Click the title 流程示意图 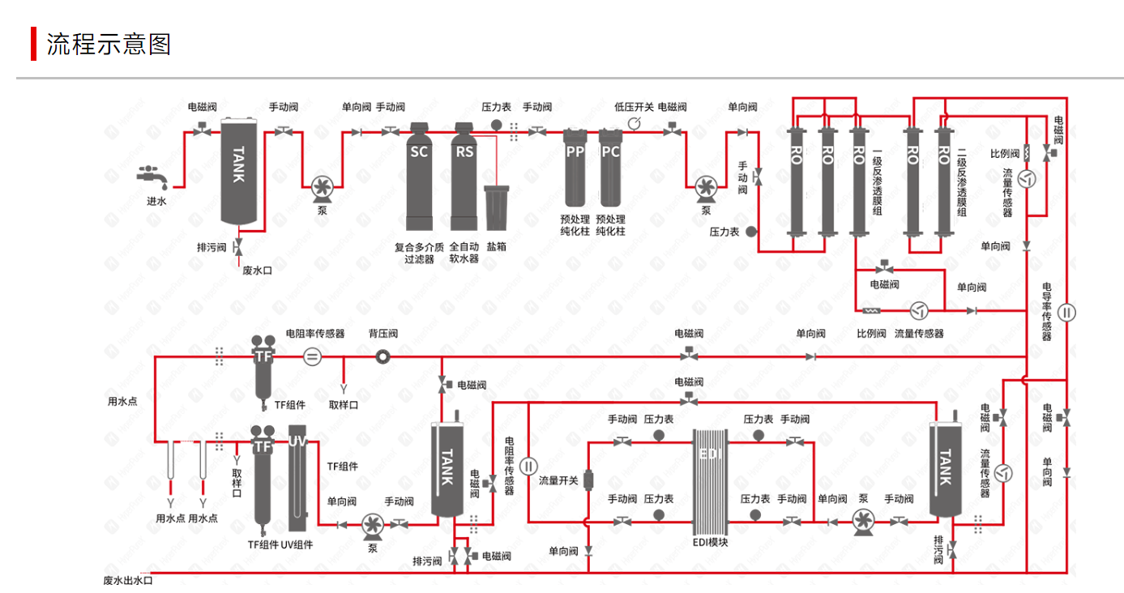click(x=109, y=44)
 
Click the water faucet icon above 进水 click(x=152, y=176)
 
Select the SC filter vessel click(x=419, y=176)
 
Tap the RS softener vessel click(x=464, y=176)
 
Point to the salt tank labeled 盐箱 click(x=496, y=207)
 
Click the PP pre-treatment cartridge click(x=575, y=168)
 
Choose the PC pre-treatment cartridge click(x=611, y=168)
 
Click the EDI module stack click(x=710, y=482)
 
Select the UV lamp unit click(x=297, y=478)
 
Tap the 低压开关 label click(x=634, y=107)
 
